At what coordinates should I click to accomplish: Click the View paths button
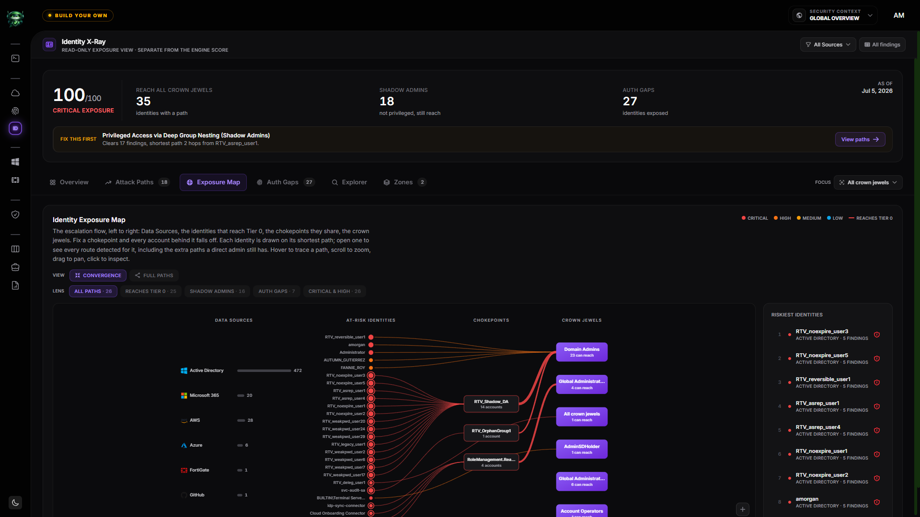coord(860,139)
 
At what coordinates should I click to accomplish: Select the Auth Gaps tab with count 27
coord(286,182)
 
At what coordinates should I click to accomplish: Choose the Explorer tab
coord(349,182)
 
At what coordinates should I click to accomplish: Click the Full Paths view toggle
coord(154,275)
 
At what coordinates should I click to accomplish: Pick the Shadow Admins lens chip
coord(217,291)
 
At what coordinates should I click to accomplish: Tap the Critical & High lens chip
coord(334,291)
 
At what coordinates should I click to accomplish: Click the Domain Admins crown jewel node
coord(582,352)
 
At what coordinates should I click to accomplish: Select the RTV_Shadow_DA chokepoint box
coord(491,404)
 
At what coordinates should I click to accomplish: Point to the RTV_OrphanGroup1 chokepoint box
coord(491,433)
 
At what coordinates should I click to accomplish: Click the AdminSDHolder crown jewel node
coord(582,449)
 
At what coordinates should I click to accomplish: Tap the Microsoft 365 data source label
coord(204,395)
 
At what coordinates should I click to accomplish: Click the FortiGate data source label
coord(199,470)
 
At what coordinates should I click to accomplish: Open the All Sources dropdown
coord(828,45)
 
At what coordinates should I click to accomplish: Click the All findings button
coord(882,45)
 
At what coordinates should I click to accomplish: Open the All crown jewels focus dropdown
coord(868,182)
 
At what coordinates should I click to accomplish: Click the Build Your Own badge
coord(78,15)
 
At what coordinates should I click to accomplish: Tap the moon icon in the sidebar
coord(15,503)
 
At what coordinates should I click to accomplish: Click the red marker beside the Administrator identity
coord(371,352)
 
